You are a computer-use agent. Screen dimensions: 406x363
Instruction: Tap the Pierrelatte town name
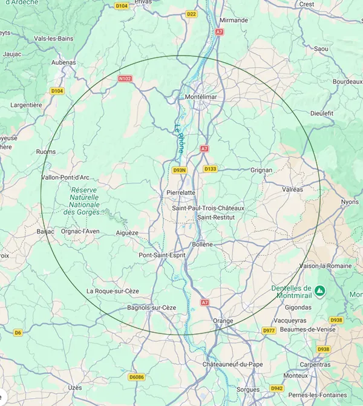click(x=181, y=192)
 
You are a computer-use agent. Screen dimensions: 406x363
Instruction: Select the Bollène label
click(x=202, y=244)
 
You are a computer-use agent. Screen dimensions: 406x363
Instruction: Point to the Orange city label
click(x=223, y=320)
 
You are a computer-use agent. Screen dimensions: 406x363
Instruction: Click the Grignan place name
click(x=261, y=170)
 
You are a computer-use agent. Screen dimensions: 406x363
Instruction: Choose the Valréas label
click(x=292, y=189)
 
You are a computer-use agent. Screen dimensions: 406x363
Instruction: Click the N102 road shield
click(x=125, y=78)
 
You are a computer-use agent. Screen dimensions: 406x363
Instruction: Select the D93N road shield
click(x=179, y=170)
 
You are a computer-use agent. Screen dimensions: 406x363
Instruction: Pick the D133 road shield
click(x=210, y=169)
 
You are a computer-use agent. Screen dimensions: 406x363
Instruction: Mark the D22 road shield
click(x=192, y=14)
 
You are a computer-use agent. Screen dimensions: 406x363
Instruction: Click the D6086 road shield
click(x=137, y=376)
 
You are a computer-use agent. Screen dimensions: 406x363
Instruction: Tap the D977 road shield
click(x=269, y=330)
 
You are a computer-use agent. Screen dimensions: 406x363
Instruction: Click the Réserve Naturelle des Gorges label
click(x=84, y=200)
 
